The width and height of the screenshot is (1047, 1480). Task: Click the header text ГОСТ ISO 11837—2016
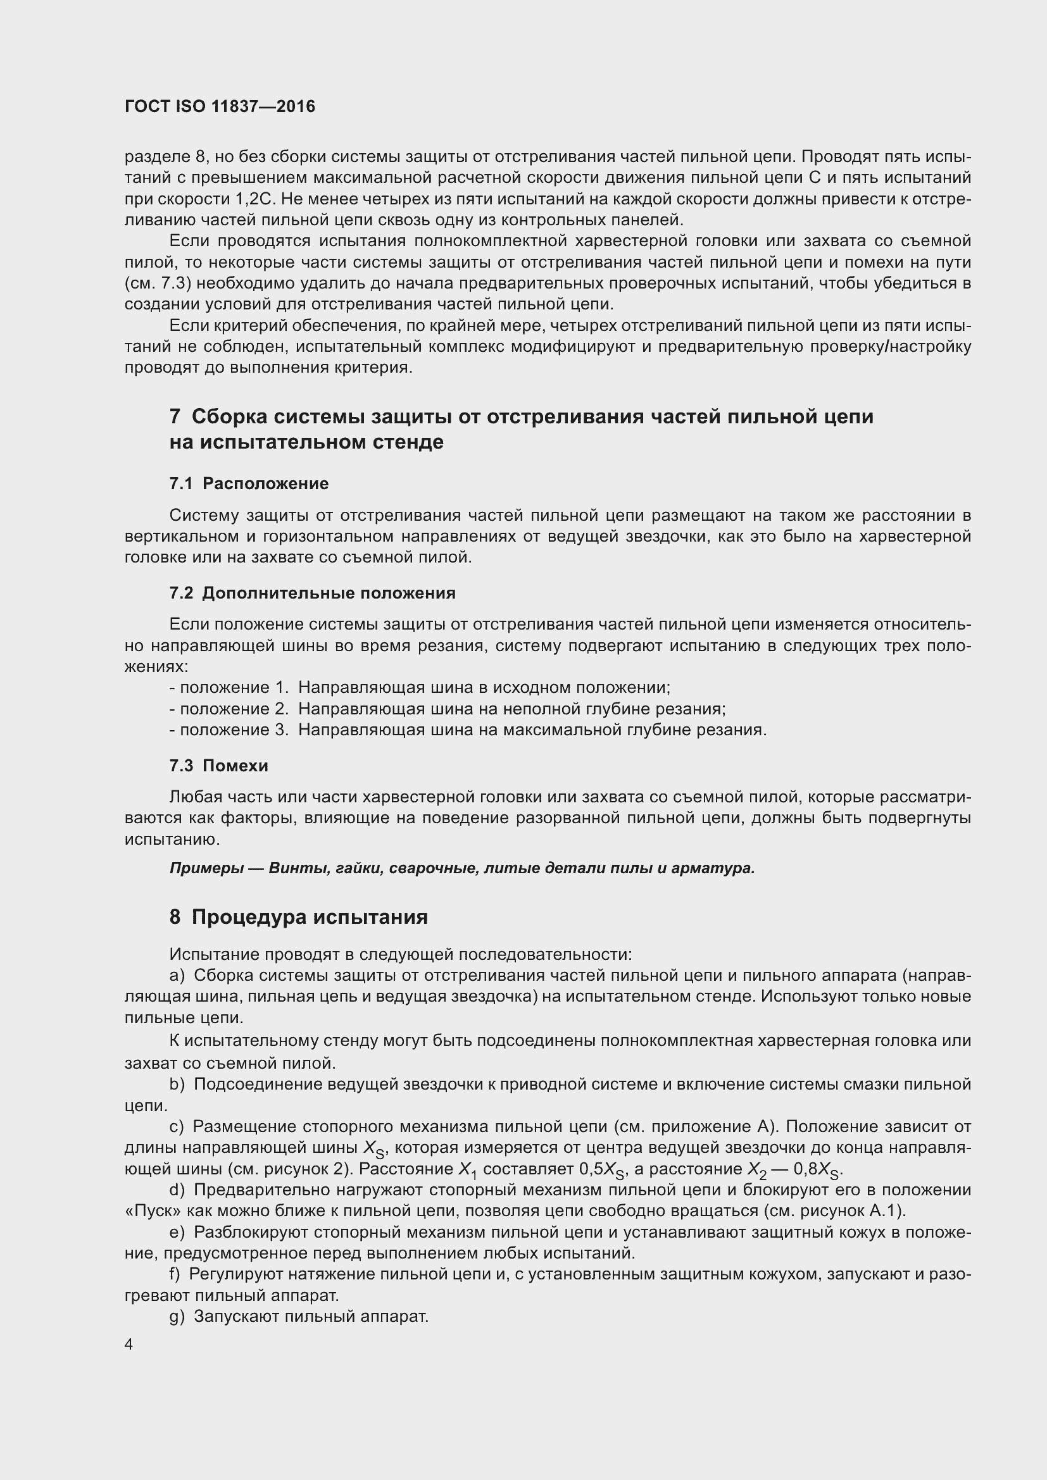[x=220, y=106]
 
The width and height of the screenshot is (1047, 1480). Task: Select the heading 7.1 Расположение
[x=249, y=483]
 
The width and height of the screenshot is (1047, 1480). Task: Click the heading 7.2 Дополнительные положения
[x=312, y=593]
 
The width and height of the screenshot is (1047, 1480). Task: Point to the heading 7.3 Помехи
[x=218, y=766]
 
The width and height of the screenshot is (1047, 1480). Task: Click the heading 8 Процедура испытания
[x=299, y=917]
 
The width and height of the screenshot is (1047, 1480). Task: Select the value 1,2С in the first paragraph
[x=256, y=199]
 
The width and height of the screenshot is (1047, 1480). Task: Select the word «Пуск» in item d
[x=144, y=1210]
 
